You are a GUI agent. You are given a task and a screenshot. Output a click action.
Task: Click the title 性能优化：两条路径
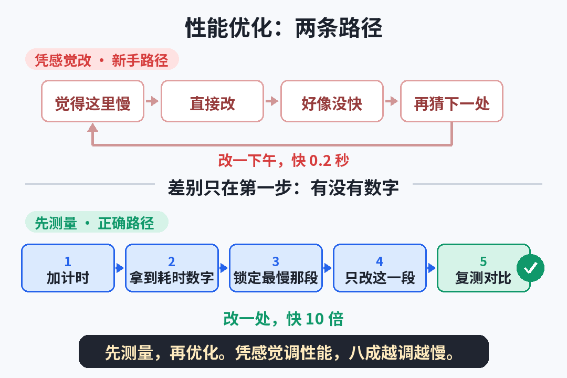[x=283, y=28]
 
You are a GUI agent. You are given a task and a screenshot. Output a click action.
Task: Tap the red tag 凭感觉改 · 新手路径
[x=102, y=59]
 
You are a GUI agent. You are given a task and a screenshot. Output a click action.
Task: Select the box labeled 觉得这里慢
[x=92, y=101]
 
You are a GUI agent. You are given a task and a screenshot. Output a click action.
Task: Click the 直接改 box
[x=212, y=101]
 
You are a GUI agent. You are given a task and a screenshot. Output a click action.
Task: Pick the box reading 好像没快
[x=332, y=101]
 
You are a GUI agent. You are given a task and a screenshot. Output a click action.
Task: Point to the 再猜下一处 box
[x=451, y=101]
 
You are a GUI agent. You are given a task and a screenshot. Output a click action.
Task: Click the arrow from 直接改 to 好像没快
[x=272, y=101]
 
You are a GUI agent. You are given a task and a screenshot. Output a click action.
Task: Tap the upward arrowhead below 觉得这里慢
[x=92, y=128]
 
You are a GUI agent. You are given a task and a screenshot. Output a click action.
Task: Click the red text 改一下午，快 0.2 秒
[x=283, y=161]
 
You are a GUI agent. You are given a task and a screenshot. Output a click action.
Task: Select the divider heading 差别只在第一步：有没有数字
[x=283, y=188]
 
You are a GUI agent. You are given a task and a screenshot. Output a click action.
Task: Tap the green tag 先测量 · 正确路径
[x=97, y=222]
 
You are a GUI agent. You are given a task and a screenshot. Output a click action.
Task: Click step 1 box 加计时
[x=68, y=268]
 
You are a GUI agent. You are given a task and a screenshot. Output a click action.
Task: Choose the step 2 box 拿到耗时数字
[x=172, y=268]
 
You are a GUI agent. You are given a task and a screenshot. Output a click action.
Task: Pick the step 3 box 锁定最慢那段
[x=276, y=268]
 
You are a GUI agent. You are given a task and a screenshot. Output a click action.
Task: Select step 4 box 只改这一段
[x=380, y=268]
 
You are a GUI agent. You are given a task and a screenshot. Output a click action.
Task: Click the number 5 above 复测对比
[x=484, y=261]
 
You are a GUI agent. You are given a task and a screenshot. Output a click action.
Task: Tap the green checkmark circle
[x=530, y=268]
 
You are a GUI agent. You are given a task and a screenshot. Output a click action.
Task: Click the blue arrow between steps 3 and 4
[x=328, y=268]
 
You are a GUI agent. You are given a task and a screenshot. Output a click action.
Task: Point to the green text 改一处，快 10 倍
[x=283, y=319]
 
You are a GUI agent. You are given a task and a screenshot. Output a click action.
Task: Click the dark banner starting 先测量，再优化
[x=283, y=352]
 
